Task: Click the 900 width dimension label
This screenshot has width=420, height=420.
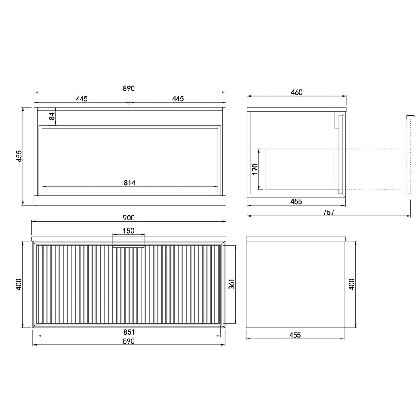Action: (x=129, y=218)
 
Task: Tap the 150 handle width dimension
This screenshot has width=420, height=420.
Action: (x=129, y=231)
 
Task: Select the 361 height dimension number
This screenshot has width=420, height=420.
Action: (x=232, y=284)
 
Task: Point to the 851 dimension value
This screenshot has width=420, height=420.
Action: (x=129, y=332)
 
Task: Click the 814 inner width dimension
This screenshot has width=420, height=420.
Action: (x=130, y=183)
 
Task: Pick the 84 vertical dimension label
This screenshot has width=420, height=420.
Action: (x=52, y=116)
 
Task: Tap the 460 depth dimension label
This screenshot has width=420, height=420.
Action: (x=297, y=92)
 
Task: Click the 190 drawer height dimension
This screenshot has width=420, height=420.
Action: (x=255, y=169)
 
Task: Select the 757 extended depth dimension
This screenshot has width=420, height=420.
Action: (x=328, y=212)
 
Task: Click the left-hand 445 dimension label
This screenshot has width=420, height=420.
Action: (x=82, y=99)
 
